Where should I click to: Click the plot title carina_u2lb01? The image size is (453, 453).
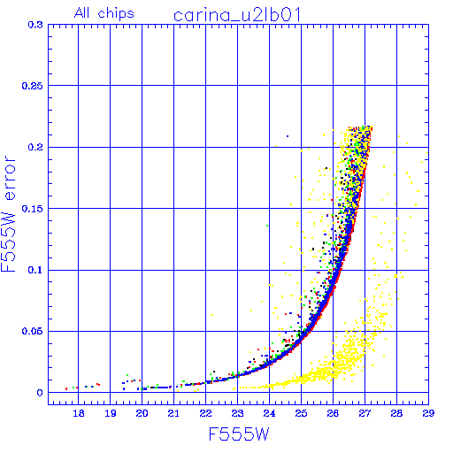pyautogui.click(x=237, y=15)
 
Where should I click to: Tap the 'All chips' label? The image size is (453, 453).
pyautogui.click(x=104, y=13)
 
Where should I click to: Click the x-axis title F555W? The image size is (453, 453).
pyautogui.click(x=239, y=434)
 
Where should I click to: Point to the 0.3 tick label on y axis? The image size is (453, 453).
pyautogui.click(x=35, y=25)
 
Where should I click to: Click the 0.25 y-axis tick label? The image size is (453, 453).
pyautogui.click(x=33, y=86)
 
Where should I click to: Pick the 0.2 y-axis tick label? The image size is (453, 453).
pyautogui.click(x=35, y=147)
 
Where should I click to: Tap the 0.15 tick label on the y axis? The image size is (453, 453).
pyautogui.click(x=33, y=209)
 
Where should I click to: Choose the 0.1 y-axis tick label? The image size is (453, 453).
pyautogui.click(x=35, y=270)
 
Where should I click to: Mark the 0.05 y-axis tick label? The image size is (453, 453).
pyautogui.click(x=33, y=331)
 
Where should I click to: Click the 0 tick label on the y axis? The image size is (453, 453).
pyautogui.click(x=40, y=393)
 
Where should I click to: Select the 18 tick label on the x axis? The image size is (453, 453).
pyautogui.click(x=79, y=413)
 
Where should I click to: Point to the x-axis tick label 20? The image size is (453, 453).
pyautogui.click(x=142, y=413)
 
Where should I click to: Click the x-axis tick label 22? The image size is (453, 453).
pyautogui.click(x=205, y=413)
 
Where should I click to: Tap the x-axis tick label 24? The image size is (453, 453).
pyautogui.click(x=269, y=413)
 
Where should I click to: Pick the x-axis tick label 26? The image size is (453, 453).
pyautogui.click(x=333, y=413)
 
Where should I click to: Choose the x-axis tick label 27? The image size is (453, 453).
pyautogui.click(x=365, y=413)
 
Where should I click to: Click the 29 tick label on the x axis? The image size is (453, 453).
pyautogui.click(x=428, y=413)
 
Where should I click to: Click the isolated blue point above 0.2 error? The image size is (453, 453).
pyautogui.click(x=288, y=136)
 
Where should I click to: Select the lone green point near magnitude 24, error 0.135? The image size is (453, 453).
pyautogui.click(x=267, y=226)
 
